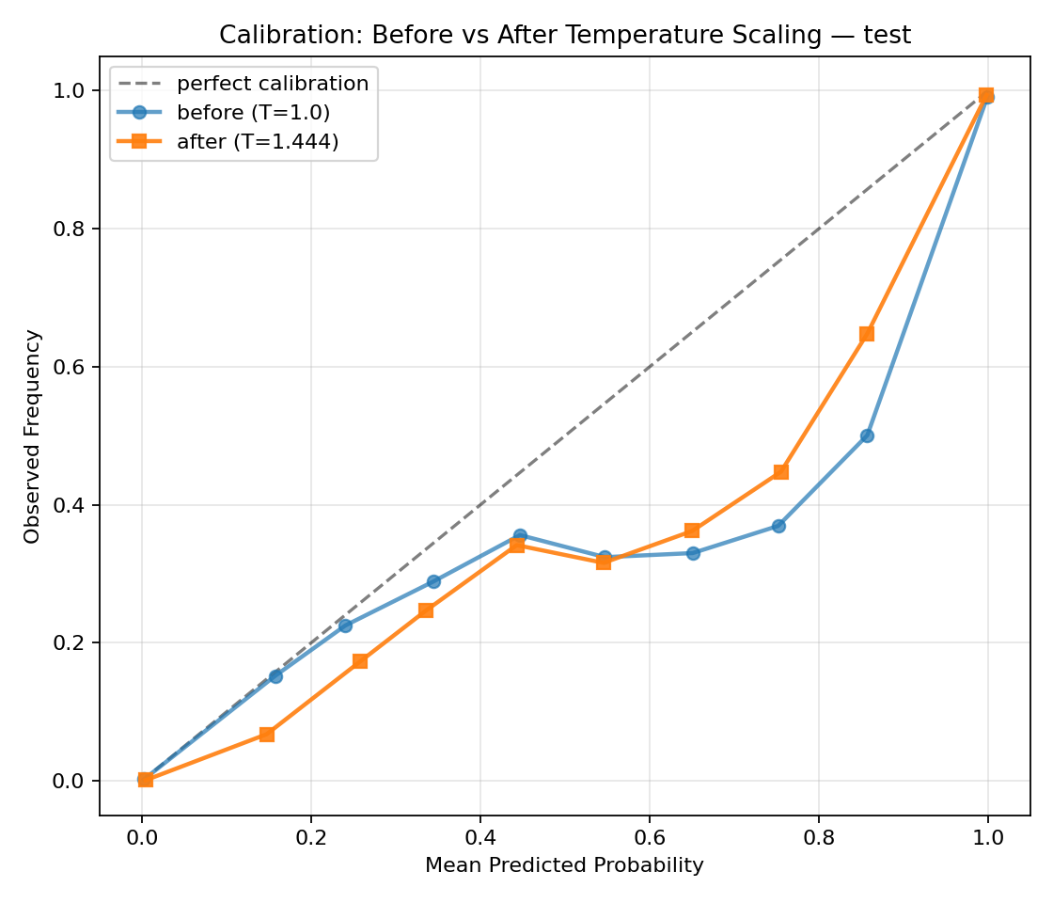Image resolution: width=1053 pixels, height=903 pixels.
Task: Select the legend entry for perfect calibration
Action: tap(273, 84)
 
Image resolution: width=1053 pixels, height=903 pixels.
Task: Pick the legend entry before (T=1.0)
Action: tap(253, 113)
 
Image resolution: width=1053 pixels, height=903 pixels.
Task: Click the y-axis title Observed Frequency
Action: tap(33, 436)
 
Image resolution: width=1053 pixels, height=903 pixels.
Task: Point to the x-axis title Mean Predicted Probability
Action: tap(564, 865)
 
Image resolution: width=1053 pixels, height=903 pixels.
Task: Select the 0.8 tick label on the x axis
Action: tap(818, 835)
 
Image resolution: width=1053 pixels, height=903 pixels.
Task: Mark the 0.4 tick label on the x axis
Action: tap(479, 835)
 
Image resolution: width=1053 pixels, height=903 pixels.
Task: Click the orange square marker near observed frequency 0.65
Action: tap(867, 334)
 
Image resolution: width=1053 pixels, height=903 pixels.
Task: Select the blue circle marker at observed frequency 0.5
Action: tap(867, 436)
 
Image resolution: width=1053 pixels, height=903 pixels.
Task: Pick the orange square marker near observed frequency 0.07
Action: tap(267, 734)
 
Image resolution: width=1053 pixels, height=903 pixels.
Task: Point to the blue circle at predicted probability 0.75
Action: tap(778, 526)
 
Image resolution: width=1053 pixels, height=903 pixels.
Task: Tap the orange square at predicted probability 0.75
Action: tap(780, 472)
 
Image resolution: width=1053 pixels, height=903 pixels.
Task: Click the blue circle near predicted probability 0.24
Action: tap(345, 626)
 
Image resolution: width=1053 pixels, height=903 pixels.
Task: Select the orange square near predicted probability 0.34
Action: tap(426, 610)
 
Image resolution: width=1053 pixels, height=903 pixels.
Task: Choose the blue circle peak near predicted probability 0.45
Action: tap(520, 535)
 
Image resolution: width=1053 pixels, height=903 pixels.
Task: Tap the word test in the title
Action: tap(888, 36)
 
